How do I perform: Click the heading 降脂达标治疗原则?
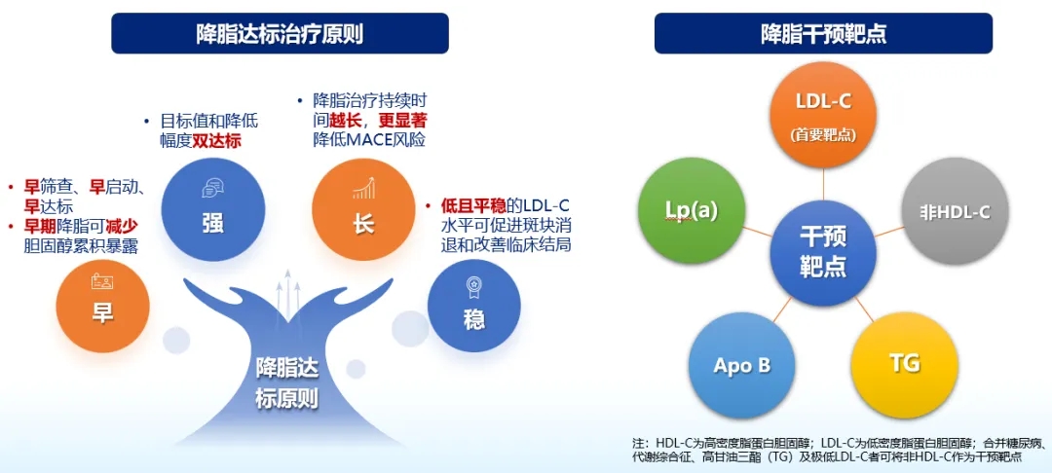point(280,33)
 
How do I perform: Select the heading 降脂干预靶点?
point(823,33)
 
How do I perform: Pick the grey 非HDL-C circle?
point(955,213)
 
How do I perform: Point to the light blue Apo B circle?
point(741,365)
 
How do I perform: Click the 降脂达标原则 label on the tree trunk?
point(285,383)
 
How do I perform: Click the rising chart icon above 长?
point(363,188)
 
